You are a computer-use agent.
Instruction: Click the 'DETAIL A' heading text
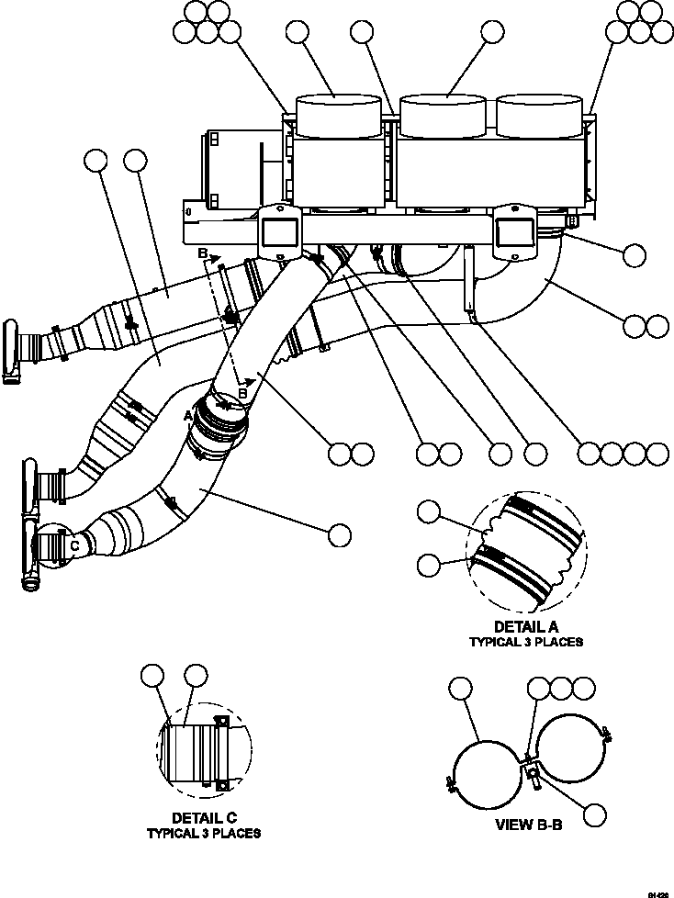[x=526, y=627]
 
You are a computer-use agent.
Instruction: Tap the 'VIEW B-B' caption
[x=528, y=825]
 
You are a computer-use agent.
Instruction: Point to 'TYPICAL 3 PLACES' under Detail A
[x=526, y=642]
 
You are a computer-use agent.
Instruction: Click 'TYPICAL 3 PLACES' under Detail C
[x=203, y=833]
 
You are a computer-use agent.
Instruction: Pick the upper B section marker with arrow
[x=202, y=253]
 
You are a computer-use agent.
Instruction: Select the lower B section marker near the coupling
[x=242, y=393]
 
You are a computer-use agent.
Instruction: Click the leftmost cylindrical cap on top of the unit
[x=336, y=115]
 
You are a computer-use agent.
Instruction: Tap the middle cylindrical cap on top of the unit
[x=444, y=115]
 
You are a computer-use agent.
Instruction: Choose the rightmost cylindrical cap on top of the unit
[x=539, y=115]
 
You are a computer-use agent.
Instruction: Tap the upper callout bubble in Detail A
[x=430, y=513]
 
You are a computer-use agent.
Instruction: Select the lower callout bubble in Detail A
[x=430, y=565]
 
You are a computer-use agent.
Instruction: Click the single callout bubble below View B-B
[x=596, y=814]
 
